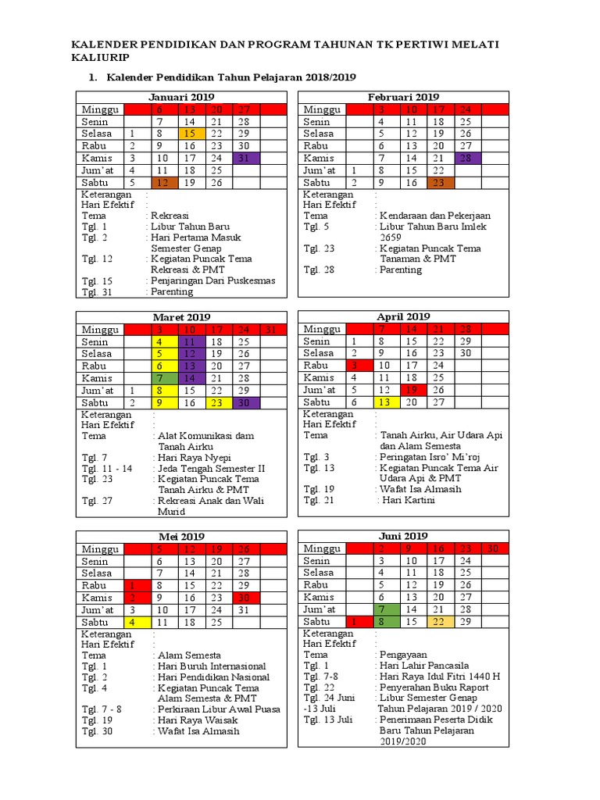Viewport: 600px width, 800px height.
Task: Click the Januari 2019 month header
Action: point(180,96)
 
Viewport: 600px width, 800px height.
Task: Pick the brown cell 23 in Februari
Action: point(439,182)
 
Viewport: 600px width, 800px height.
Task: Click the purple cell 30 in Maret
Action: point(245,402)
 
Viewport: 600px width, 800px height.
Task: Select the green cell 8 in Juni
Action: point(383,622)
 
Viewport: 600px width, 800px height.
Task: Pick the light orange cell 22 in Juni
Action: point(439,622)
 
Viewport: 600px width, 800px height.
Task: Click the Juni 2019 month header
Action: point(403,536)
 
